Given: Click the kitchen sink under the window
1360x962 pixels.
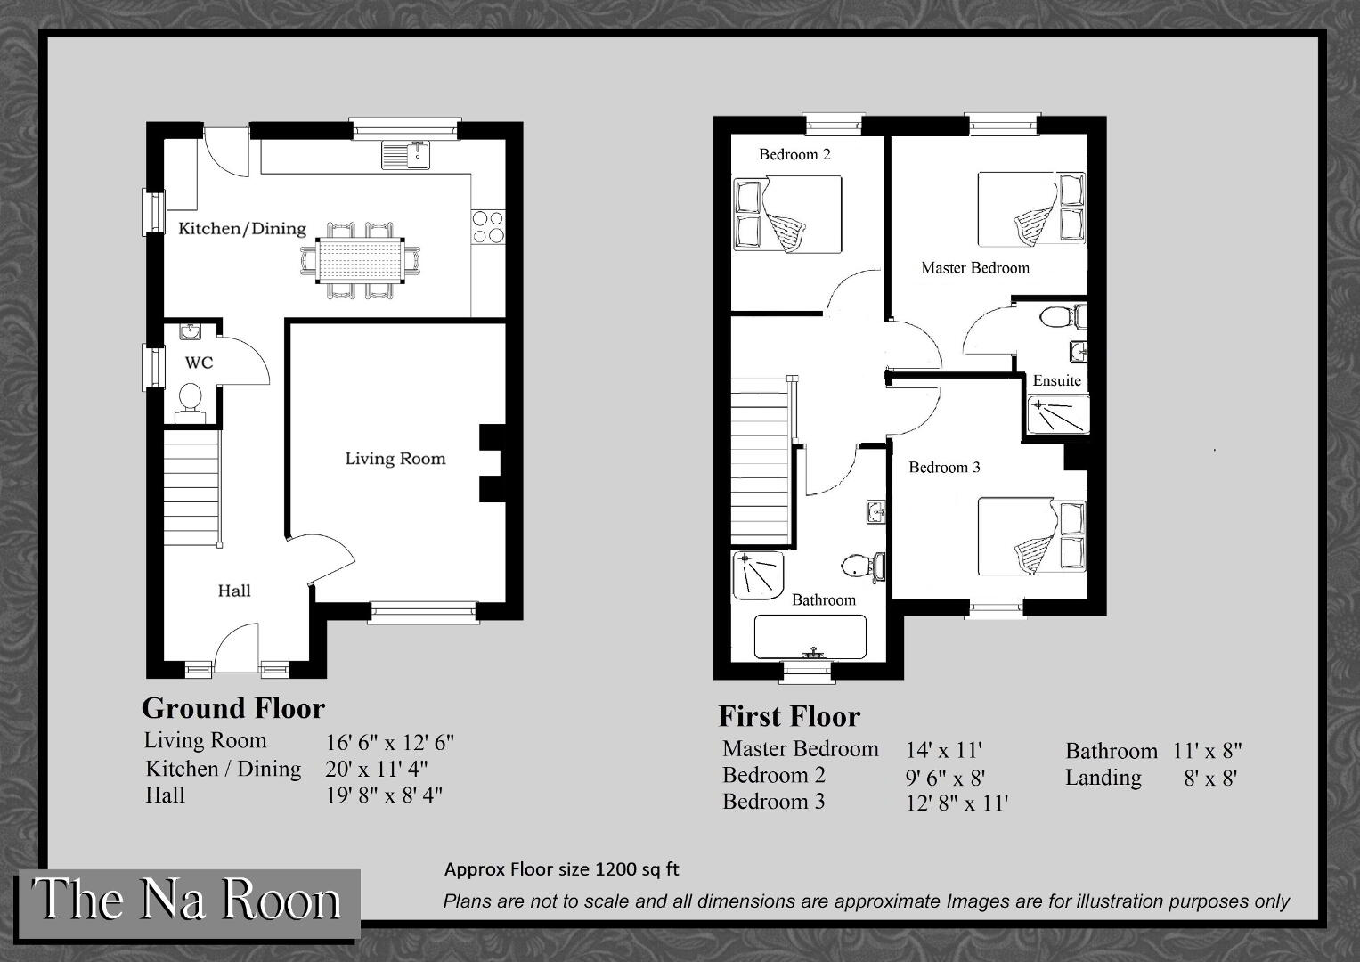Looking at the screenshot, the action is (405, 155).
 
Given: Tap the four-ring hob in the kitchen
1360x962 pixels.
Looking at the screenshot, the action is (488, 226).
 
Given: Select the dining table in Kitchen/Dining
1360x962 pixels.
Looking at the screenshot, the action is (361, 260).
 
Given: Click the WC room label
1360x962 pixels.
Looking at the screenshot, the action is (200, 363).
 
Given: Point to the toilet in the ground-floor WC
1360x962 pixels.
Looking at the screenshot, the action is (190, 403).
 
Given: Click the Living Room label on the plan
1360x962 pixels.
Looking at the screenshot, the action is (395, 459).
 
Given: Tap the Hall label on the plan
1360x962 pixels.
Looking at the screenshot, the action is (234, 591).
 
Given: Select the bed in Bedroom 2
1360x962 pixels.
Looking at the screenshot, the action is (787, 215).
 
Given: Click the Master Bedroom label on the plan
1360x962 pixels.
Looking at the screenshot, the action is (975, 268).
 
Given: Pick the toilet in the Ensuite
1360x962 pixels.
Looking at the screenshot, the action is (1063, 317).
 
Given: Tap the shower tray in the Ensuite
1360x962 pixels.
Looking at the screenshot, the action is (1058, 415).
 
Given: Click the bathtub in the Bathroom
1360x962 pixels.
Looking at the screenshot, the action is (810, 637).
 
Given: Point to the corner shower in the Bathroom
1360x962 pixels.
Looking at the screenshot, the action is (758, 575).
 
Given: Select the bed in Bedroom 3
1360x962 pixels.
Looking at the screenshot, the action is (1031, 536).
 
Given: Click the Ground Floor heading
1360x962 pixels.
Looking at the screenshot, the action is (233, 708).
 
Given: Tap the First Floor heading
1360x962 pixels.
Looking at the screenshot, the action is (789, 717).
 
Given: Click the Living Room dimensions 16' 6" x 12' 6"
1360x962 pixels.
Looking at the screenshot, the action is (390, 742).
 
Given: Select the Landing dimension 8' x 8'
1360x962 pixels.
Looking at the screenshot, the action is (1210, 779).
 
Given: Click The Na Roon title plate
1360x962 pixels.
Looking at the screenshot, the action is (188, 900).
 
